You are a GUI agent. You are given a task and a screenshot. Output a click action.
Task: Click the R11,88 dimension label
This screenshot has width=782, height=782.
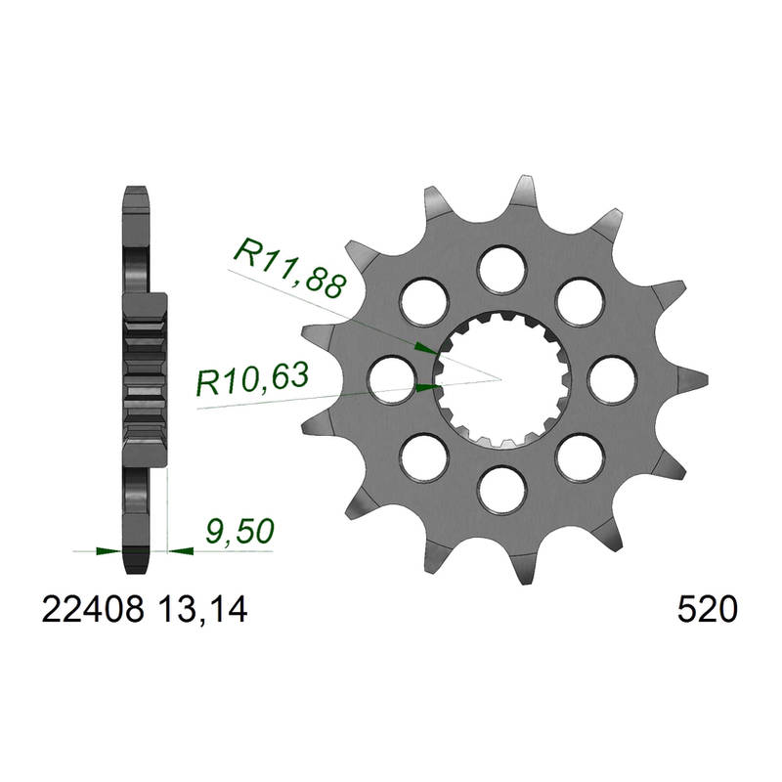(289, 268)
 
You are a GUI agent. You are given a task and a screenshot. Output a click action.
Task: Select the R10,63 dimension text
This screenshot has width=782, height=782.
(253, 378)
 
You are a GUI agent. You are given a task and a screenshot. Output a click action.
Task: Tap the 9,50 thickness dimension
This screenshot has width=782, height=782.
(239, 531)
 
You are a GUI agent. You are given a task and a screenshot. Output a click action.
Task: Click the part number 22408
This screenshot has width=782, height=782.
(93, 609)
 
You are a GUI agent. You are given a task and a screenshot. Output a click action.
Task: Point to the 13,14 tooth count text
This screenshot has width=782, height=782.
(202, 610)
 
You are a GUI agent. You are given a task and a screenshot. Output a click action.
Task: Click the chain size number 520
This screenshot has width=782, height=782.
(707, 609)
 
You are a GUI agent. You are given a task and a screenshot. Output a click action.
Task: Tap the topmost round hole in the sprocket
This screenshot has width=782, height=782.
(502, 270)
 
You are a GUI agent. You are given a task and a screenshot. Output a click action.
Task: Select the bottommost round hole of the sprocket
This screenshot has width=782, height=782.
(502, 491)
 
